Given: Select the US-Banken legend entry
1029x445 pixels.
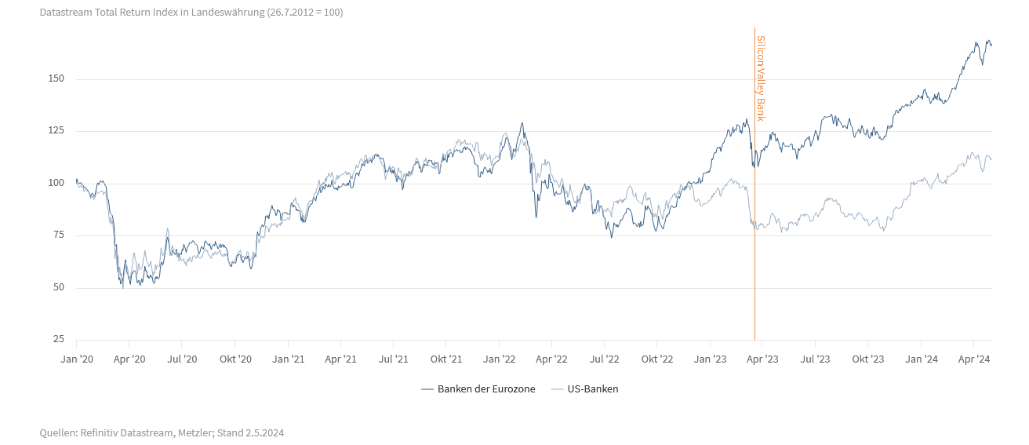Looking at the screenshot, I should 592,388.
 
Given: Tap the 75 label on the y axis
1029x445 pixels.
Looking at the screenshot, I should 57,235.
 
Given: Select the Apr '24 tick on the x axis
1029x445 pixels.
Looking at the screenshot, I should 973,359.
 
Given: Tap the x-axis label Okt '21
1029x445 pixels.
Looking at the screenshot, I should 445,359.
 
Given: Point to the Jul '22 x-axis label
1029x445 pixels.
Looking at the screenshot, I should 604,359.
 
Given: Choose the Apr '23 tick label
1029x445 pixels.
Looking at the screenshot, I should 762,359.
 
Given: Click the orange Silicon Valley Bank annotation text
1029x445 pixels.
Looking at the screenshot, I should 760,78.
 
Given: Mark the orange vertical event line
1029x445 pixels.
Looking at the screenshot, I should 754,235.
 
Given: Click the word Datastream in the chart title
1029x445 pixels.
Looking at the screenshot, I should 67,13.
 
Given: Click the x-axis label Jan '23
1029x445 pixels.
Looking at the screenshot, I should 710,359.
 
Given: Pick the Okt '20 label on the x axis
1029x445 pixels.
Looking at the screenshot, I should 235,359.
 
